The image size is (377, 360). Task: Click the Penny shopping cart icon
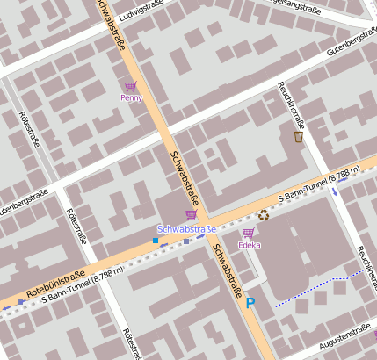point(131,86)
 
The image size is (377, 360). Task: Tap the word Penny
point(131,98)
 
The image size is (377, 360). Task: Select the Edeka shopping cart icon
point(249,233)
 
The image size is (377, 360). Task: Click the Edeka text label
point(249,245)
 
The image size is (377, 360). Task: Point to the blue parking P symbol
point(250,303)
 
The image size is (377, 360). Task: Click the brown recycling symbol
point(263,213)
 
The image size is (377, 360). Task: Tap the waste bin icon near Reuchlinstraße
point(298,136)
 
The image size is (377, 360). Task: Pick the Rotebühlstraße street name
point(62,280)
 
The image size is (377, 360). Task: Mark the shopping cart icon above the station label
point(191,214)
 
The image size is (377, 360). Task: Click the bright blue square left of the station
point(156,240)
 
